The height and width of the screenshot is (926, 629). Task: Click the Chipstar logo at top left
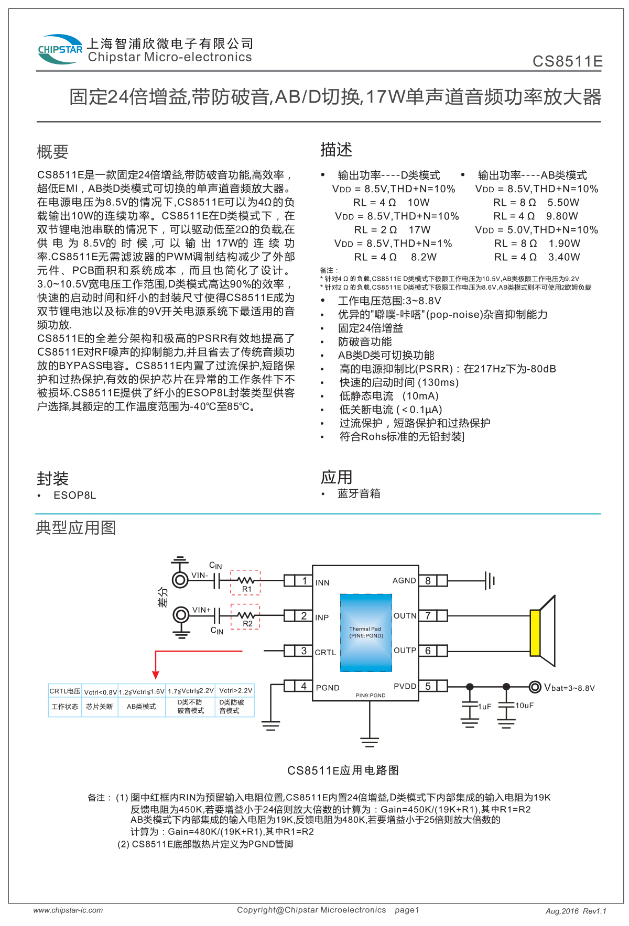coord(60,50)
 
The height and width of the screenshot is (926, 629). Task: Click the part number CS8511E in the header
coord(567,61)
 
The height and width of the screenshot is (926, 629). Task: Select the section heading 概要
coord(52,152)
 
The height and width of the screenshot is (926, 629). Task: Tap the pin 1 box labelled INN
coord(303,580)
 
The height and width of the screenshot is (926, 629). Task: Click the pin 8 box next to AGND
coord(428,580)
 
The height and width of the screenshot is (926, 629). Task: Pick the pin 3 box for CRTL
coord(303,651)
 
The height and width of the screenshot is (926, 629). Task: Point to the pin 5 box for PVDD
coord(428,686)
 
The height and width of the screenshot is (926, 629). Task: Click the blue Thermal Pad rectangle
coord(366,633)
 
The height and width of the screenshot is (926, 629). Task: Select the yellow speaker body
coord(535,633)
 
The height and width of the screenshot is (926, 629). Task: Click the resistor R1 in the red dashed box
coord(245,580)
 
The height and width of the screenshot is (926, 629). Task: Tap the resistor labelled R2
coord(246,615)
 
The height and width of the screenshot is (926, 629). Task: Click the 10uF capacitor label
coord(524,705)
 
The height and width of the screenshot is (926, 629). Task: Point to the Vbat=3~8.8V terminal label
coord(569,688)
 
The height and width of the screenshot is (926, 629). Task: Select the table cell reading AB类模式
coord(142,707)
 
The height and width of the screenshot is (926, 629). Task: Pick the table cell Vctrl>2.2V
coord(235,691)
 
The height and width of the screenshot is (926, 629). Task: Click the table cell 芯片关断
coord(100,707)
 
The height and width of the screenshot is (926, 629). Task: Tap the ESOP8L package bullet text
coord(74,495)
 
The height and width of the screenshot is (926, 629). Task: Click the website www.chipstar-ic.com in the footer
coord(68,910)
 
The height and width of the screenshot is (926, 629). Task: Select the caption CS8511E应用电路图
coord(343,770)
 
